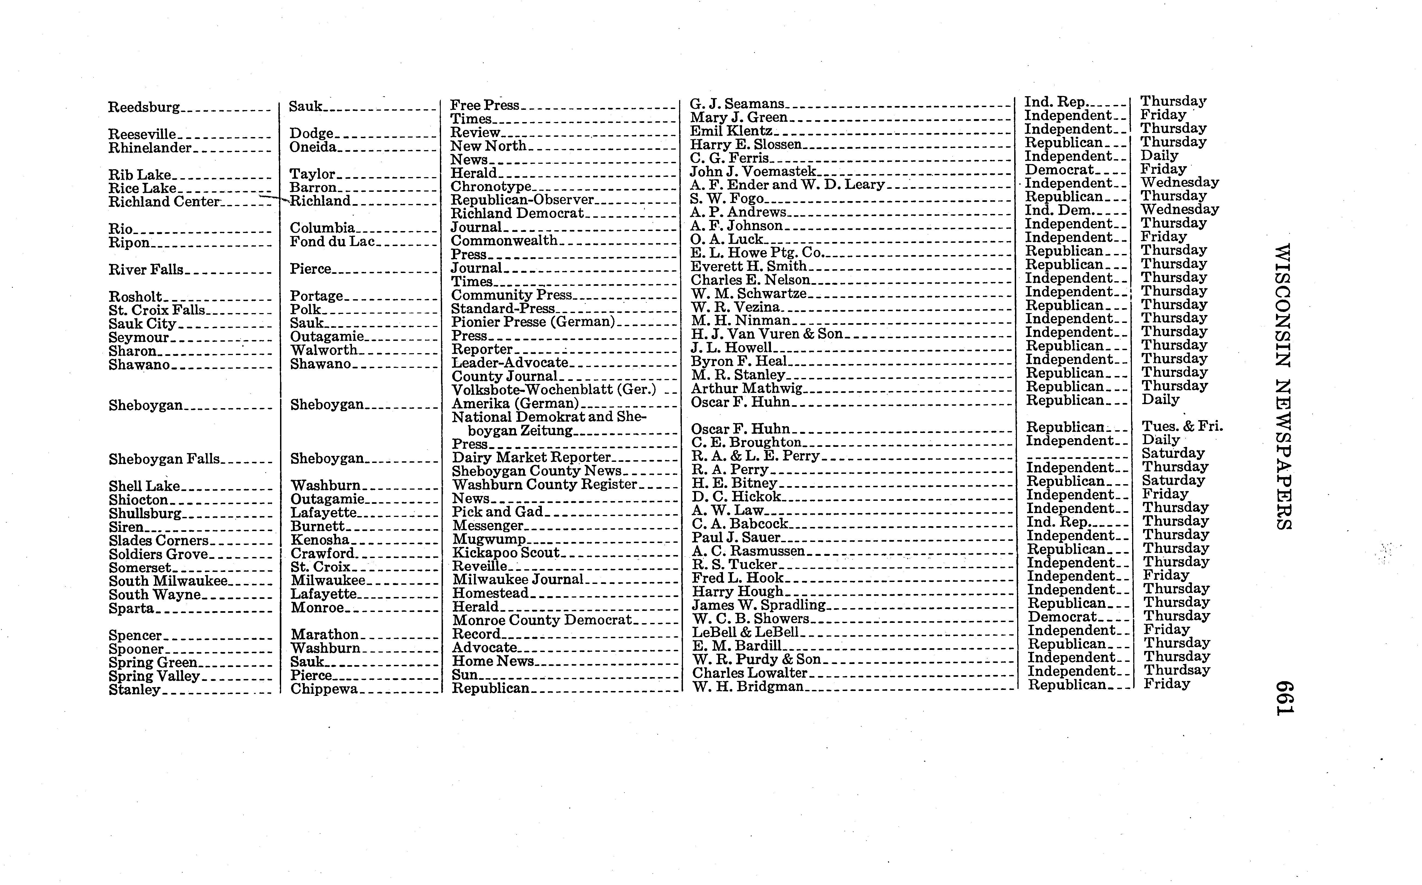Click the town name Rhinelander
click(x=150, y=148)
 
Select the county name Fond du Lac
click(x=332, y=242)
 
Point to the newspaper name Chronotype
click(x=490, y=187)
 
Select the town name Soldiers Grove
click(x=158, y=554)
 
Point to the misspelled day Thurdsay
click(x=1177, y=670)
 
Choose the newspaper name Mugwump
click(x=489, y=539)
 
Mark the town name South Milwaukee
click(x=168, y=581)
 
